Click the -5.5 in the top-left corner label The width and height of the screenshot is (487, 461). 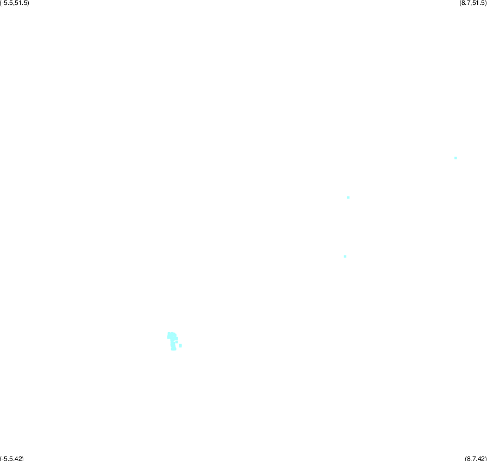(x=7, y=3)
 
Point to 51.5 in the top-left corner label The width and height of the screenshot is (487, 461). (x=21, y=3)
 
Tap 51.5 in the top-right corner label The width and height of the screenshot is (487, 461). (x=478, y=3)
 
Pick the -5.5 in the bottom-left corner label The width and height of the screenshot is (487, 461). (x=7, y=458)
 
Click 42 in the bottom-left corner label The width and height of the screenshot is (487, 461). (x=18, y=458)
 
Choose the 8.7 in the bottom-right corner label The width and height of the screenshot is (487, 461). (x=471, y=458)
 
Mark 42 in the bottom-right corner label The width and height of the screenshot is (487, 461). (x=481, y=458)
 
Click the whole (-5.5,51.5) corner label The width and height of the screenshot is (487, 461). (x=15, y=3)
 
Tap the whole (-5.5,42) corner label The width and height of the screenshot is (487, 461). (x=12, y=458)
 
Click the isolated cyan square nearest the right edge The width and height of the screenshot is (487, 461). (x=456, y=158)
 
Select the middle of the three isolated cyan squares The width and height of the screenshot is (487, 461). (x=348, y=197)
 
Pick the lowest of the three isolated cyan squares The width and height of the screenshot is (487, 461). (x=345, y=256)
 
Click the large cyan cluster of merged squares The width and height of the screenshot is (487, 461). (x=172, y=341)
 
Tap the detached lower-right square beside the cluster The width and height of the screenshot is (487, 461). (x=180, y=346)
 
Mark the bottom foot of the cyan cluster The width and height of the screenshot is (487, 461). (x=173, y=348)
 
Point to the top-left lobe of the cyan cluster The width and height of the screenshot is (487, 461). (x=169, y=334)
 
